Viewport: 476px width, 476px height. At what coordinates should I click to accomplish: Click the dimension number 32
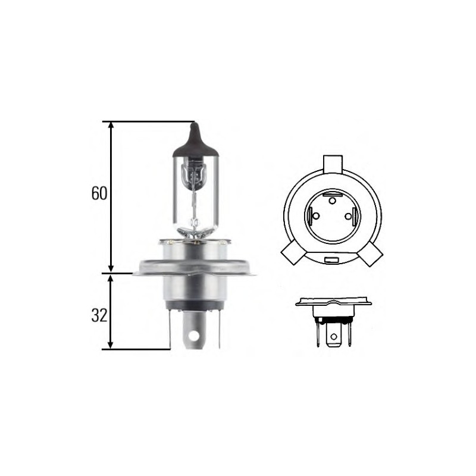point(99,315)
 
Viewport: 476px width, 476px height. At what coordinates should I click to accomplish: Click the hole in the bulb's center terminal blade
point(194,336)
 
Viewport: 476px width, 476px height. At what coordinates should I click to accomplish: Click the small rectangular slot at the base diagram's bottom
point(332,260)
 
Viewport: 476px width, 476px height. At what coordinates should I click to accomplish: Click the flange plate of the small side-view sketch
point(333,302)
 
